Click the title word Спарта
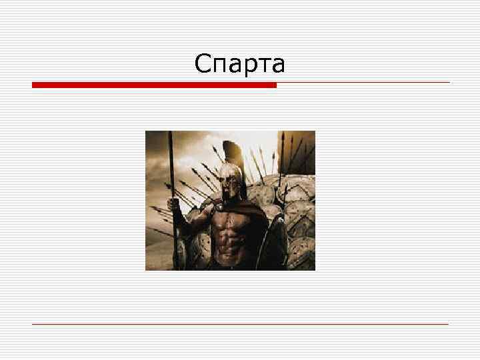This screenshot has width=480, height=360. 240,64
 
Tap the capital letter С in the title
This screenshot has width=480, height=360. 203,64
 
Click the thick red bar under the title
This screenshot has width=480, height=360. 154,85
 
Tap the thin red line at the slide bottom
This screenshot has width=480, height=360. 240,324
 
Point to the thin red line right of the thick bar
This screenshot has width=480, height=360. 363,83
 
